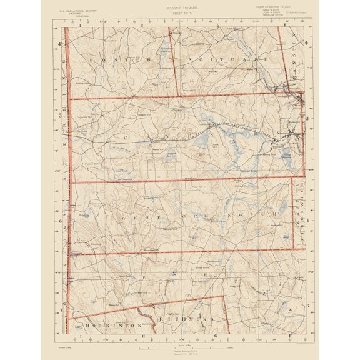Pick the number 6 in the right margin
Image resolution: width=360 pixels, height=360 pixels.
coord(308,220)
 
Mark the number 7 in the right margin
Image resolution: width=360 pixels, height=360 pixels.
coord(308,304)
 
